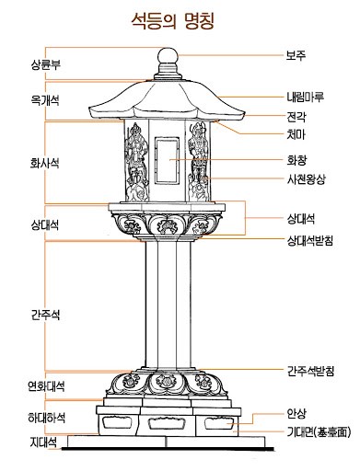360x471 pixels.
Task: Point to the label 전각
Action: pos(296,117)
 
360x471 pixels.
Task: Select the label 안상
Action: pos(296,415)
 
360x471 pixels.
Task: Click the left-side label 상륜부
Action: pos(45,66)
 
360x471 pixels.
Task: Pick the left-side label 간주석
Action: pos(45,313)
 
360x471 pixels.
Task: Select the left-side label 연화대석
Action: pos(45,386)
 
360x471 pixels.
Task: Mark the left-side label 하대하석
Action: pos(45,419)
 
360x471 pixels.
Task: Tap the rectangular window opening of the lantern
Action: pos(167,159)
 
